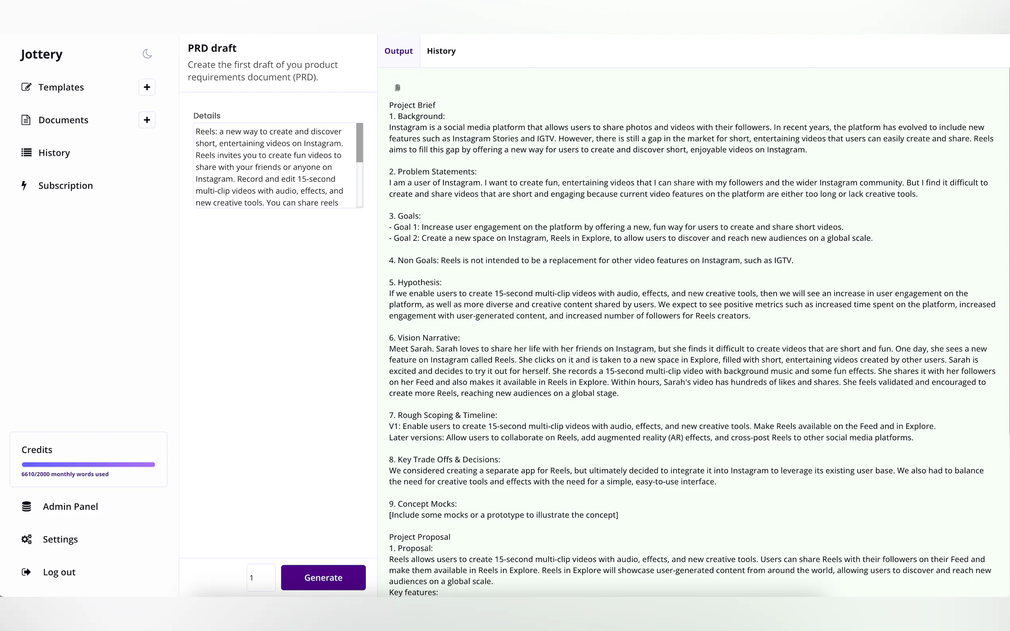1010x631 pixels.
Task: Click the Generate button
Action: (x=323, y=578)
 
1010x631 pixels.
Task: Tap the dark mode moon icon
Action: (x=147, y=54)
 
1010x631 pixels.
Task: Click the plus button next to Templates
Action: (x=147, y=87)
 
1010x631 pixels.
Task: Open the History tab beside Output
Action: (x=441, y=51)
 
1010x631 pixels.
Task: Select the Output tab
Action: (x=398, y=51)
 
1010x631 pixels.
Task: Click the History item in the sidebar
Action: (x=54, y=153)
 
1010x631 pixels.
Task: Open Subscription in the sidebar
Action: (x=65, y=186)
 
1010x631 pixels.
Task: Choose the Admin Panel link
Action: (x=70, y=507)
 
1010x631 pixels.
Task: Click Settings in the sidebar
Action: (x=60, y=539)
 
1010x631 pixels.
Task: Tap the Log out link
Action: (x=59, y=572)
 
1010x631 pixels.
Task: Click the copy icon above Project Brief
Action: (x=398, y=88)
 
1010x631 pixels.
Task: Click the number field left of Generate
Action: (x=261, y=578)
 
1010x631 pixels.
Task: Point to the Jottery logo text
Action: (x=41, y=54)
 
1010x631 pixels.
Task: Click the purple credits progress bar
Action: (x=88, y=465)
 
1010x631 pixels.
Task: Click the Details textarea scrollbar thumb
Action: (x=359, y=143)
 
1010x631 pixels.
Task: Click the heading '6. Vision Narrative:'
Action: (x=424, y=338)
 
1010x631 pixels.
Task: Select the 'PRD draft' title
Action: (x=212, y=48)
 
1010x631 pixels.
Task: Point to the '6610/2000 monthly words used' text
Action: (x=65, y=474)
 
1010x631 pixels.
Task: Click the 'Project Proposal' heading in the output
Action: (x=420, y=537)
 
